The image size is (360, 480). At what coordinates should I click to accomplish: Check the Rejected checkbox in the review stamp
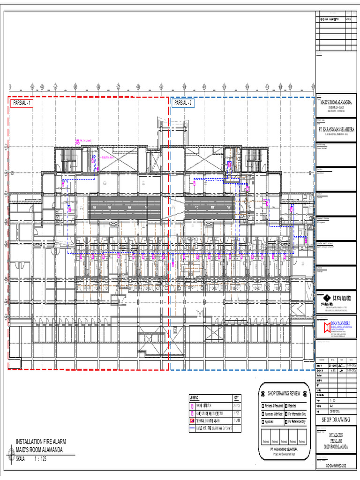click(x=285, y=405)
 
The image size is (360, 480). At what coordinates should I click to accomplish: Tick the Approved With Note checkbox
click(x=263, y=414)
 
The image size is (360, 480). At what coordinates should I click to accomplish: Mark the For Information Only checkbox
click(x=285, y=414)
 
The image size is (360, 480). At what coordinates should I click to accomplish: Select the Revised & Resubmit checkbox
click(x=263, y=405)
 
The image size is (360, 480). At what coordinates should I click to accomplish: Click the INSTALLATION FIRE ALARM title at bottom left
click(x=41, y=442)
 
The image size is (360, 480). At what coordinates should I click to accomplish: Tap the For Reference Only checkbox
click(x=285, y=422)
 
